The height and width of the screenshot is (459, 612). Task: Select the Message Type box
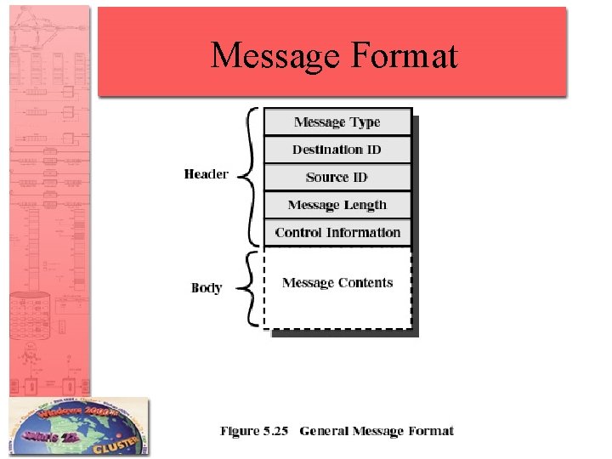pos(337,122)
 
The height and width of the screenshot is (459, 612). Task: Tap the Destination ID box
pos(337,150)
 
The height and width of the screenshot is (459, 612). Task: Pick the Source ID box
pos(337,177)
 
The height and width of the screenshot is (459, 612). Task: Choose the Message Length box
pos(337,205)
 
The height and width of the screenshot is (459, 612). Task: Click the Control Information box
pos(337,232)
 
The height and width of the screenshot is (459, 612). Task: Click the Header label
pos(206,174)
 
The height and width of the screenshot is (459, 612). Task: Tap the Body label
pos(207,288)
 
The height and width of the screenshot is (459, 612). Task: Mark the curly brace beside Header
pos(246,176)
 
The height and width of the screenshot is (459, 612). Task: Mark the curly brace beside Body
pos(246,288)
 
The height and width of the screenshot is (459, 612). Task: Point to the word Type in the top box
pos(365,122)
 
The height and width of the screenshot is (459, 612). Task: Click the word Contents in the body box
pos(366,283)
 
